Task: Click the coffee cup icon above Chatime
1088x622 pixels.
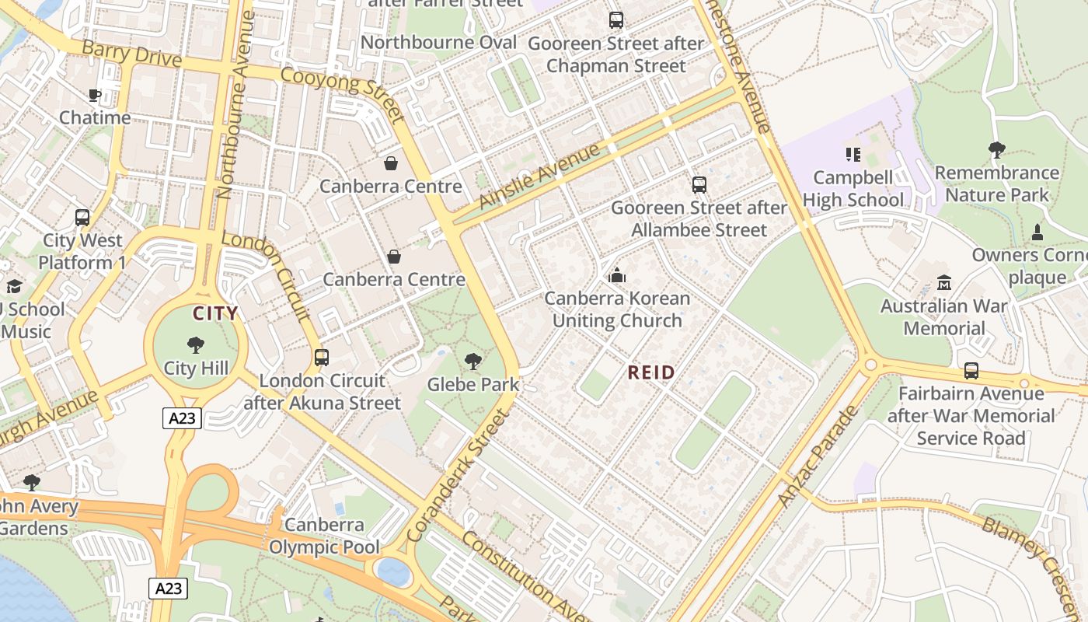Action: click(x=94, y=96)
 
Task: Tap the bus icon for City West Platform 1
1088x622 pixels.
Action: click(x=82, y=218)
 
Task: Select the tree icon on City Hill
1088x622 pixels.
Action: click(x=196, y=344)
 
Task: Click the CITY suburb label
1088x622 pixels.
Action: click(x=215, y=314)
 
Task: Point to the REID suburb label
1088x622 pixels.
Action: click(x=651, y=373)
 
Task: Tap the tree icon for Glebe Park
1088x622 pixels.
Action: click(x=472, y=361)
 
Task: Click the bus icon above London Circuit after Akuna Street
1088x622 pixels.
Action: click(x=321, y=358)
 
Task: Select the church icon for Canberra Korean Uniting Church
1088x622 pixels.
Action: click(x=617, y=275)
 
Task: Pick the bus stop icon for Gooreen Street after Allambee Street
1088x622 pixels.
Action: click(x=699, y=185)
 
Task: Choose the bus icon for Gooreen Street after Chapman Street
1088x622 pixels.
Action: click(x=616, y=20)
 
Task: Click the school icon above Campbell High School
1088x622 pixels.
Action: click(x=853, y=155)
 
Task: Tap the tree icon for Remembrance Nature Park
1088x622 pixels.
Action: click(x=996, y=149)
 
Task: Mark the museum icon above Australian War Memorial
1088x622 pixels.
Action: click(x=943, y=283)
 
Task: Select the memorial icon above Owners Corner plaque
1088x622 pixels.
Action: click(x=1037, y=232)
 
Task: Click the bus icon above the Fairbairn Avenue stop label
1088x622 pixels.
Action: click(x=971, y=371)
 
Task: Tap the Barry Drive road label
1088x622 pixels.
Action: click(x=131, y=55)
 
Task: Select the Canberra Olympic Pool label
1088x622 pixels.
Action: click(x=324, y=536)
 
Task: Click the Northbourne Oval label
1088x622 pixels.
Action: click(x=439, y=42)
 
